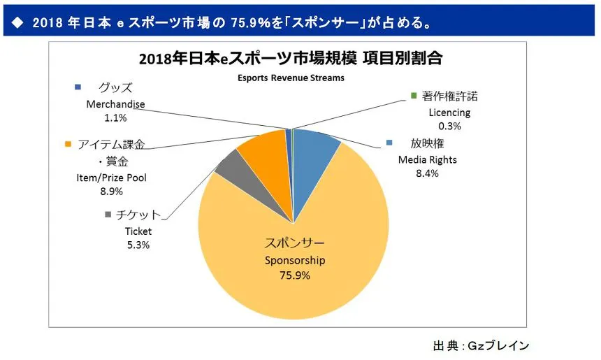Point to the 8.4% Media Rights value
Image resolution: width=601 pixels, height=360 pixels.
[x=427, y=173]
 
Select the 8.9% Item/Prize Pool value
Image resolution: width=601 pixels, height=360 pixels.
[x=112, y=191]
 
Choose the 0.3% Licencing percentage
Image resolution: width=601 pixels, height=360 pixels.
[x=449, y=126]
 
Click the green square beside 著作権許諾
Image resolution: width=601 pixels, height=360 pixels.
[x=414, y=96]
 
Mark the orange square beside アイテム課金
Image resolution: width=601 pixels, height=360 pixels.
[x=68, y=145]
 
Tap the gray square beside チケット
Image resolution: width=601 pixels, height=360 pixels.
[x=108, y=215]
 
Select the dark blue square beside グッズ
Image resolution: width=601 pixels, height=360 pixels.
[x=78, y=87]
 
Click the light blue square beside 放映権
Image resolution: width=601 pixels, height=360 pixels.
[x=391, y=144]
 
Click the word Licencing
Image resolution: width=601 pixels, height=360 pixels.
[x=449, y=112]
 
